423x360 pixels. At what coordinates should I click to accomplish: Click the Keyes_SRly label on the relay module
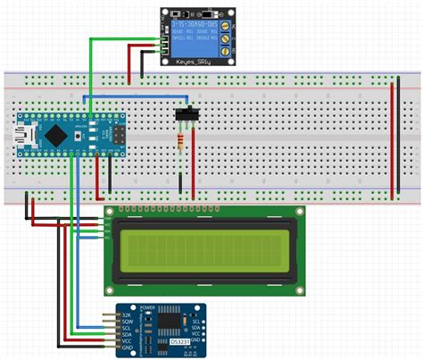click(x=198, y=62)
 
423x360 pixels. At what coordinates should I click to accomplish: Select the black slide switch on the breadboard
click(x=188, y=115)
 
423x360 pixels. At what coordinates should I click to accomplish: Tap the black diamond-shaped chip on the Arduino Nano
click(x=58, y=135)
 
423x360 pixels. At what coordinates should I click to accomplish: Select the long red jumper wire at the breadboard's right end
click(x=393, y=138)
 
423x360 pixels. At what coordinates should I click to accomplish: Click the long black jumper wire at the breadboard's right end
click(x=402, y=138)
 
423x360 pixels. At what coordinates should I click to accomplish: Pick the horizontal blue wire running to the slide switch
click(x=134, y=95)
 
